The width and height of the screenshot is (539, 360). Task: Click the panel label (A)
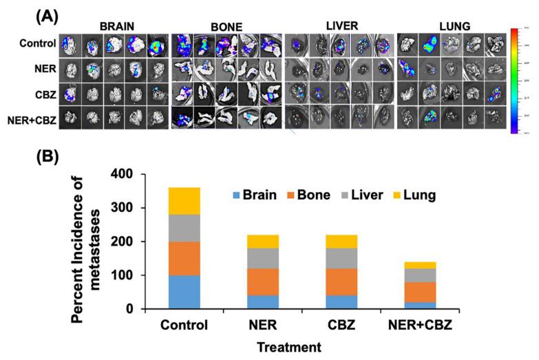pos(26,12)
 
